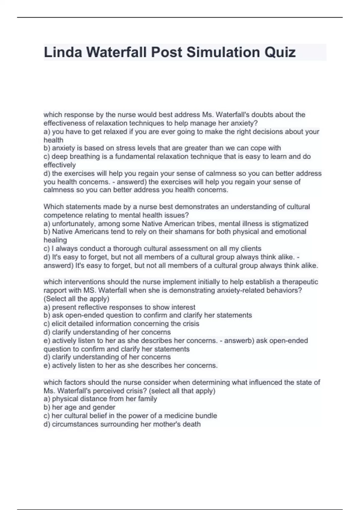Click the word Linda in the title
pos(62,52)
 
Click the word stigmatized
pos(290,223)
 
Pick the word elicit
pos(59,324)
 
